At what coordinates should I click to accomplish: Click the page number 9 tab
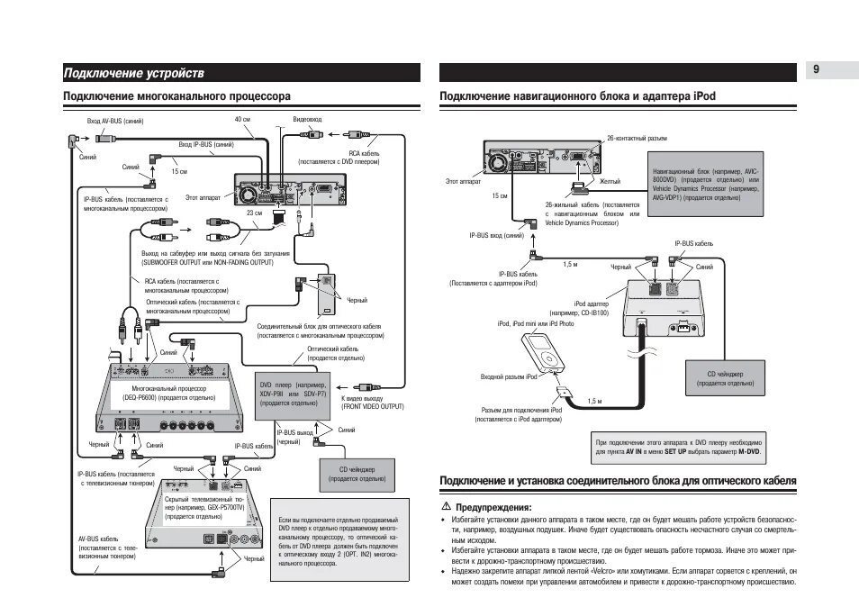pyautogui.click(x=815, y=70)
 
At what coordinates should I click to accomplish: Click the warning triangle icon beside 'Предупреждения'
pyautogui.click(x=445, y=507)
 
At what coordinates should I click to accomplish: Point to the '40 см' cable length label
pyautogui.click(x=242, y=120)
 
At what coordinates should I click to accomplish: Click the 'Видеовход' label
pyautogui.click(x=307, y=120)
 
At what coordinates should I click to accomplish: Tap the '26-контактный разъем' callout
pyautogui.click(x=637, y=138)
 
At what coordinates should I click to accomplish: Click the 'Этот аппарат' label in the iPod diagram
pyautogui.click(x=463, y=181)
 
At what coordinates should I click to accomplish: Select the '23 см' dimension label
pyautogui.click(x=255, y=213)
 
